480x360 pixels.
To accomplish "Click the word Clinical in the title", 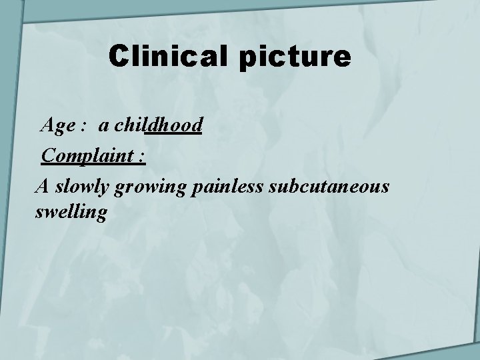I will click(x=170, y=58).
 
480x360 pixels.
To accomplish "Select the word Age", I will click(x=57, y=124).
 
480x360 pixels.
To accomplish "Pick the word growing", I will click(x=151, y=189).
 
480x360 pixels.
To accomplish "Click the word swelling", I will click(x=70, y=213).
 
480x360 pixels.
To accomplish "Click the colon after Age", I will click(x=85, y=125).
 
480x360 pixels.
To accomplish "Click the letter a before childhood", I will click(x=105, y=125).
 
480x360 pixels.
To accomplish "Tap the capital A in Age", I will click(x=48, y=124).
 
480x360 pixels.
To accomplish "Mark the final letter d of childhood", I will click(x=197, y=124).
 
